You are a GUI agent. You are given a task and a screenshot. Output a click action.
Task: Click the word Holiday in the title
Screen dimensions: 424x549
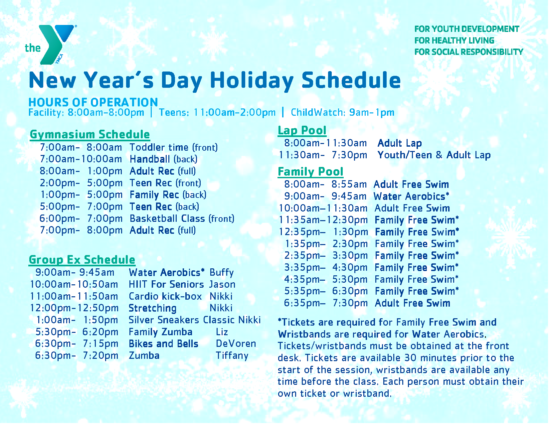[x=252, y=81]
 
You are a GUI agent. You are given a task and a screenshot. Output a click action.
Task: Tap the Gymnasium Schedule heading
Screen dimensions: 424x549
[x=90, y=134]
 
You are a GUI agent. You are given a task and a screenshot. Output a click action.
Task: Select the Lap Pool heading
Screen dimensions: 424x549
[x=302, y=130]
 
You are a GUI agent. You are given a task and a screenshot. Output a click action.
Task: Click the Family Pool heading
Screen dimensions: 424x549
[x=310, y=172]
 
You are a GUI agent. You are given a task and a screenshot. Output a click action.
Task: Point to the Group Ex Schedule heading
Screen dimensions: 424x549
[x=82, y=260]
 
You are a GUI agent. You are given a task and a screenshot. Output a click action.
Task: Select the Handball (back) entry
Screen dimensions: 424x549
[x=163, y=159]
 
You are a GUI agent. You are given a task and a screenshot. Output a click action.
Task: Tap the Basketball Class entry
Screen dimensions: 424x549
[x=182, y=218]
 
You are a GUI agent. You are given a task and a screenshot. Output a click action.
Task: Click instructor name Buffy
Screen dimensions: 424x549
[x=222, y=273]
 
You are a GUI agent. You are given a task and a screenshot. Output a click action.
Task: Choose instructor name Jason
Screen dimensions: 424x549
[x=222, y=285]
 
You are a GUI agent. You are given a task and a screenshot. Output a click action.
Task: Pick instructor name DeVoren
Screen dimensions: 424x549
[x=236, y=344]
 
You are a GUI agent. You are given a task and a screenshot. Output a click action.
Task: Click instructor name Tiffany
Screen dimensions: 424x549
[x=232, y=355]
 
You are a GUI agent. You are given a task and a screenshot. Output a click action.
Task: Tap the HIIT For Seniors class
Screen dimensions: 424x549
[x=166, y=285]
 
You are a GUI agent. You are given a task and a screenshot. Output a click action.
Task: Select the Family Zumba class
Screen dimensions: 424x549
[x=160, y=332]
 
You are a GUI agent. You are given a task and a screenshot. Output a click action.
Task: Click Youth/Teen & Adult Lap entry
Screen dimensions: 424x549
[x=434, y=155]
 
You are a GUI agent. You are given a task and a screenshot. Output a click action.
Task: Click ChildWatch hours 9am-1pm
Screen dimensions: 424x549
[x=342, y=112]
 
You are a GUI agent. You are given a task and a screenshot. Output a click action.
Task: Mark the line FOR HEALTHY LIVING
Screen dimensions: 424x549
[x=454, y=41]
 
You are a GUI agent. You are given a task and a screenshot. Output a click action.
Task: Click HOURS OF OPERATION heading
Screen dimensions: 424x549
[x=93, y=102]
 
